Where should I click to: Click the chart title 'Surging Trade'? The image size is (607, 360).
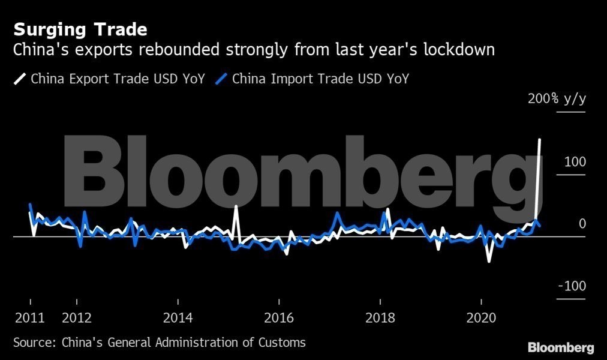click(80, 29)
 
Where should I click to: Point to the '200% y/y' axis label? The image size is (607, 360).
click(557, 99)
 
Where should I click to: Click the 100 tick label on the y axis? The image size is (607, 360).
click(573, 162)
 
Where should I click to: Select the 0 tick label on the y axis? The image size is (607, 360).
click(581, 224)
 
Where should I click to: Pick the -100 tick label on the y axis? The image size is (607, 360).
click(572, 286)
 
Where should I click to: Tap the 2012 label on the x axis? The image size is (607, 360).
click(76, 317)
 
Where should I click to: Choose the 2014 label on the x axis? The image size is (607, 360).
click(178, 317)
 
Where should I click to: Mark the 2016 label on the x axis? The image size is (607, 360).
click(279, 317)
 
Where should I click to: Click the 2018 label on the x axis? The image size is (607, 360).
click(380, 317)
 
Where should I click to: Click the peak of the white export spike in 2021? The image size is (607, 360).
click(540, 140)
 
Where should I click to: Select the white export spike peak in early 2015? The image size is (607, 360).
click(236, 207)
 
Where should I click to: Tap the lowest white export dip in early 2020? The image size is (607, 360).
click(489, 261)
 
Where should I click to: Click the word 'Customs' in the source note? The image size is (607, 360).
click(282, 343)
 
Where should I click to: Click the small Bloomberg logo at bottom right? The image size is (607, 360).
click(561, 347)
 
